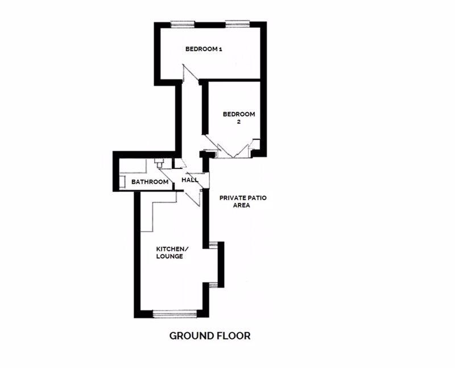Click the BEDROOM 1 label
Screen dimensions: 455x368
click(204, 49)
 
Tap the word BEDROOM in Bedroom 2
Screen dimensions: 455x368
click(239, 114)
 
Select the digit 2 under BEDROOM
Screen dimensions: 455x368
click(238, 122)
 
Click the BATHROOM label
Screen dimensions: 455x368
click(150, 182)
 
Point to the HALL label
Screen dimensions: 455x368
click(190, 180)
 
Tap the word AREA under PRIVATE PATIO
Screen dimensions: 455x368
click(241, 205)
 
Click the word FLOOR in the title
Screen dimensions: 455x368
click(234, 336)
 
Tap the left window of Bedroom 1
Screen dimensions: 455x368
click(182, 24)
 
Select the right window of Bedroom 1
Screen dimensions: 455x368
click(238, 24)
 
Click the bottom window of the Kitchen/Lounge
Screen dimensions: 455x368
click(175, 314)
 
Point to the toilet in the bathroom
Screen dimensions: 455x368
click(159, 163)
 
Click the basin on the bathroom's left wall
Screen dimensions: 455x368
click(122, 181)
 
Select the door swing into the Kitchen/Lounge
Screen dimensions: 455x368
click(193, 197)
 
